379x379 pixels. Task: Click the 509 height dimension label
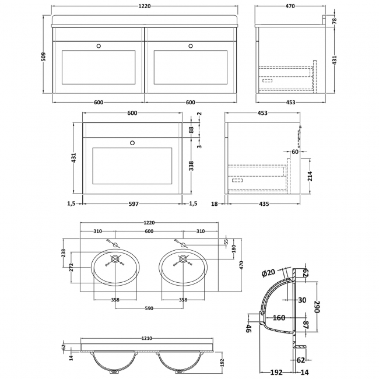pos(44,57)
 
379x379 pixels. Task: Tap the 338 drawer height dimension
pos(191,166)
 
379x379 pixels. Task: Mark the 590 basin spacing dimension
pos(149,309)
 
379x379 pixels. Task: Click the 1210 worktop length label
pos(149,338)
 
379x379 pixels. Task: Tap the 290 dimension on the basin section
pos(318,308)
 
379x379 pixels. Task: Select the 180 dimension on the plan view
pos(234,249)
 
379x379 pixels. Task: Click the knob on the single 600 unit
pos(132,141)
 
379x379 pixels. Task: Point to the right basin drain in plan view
pos(183,259)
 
